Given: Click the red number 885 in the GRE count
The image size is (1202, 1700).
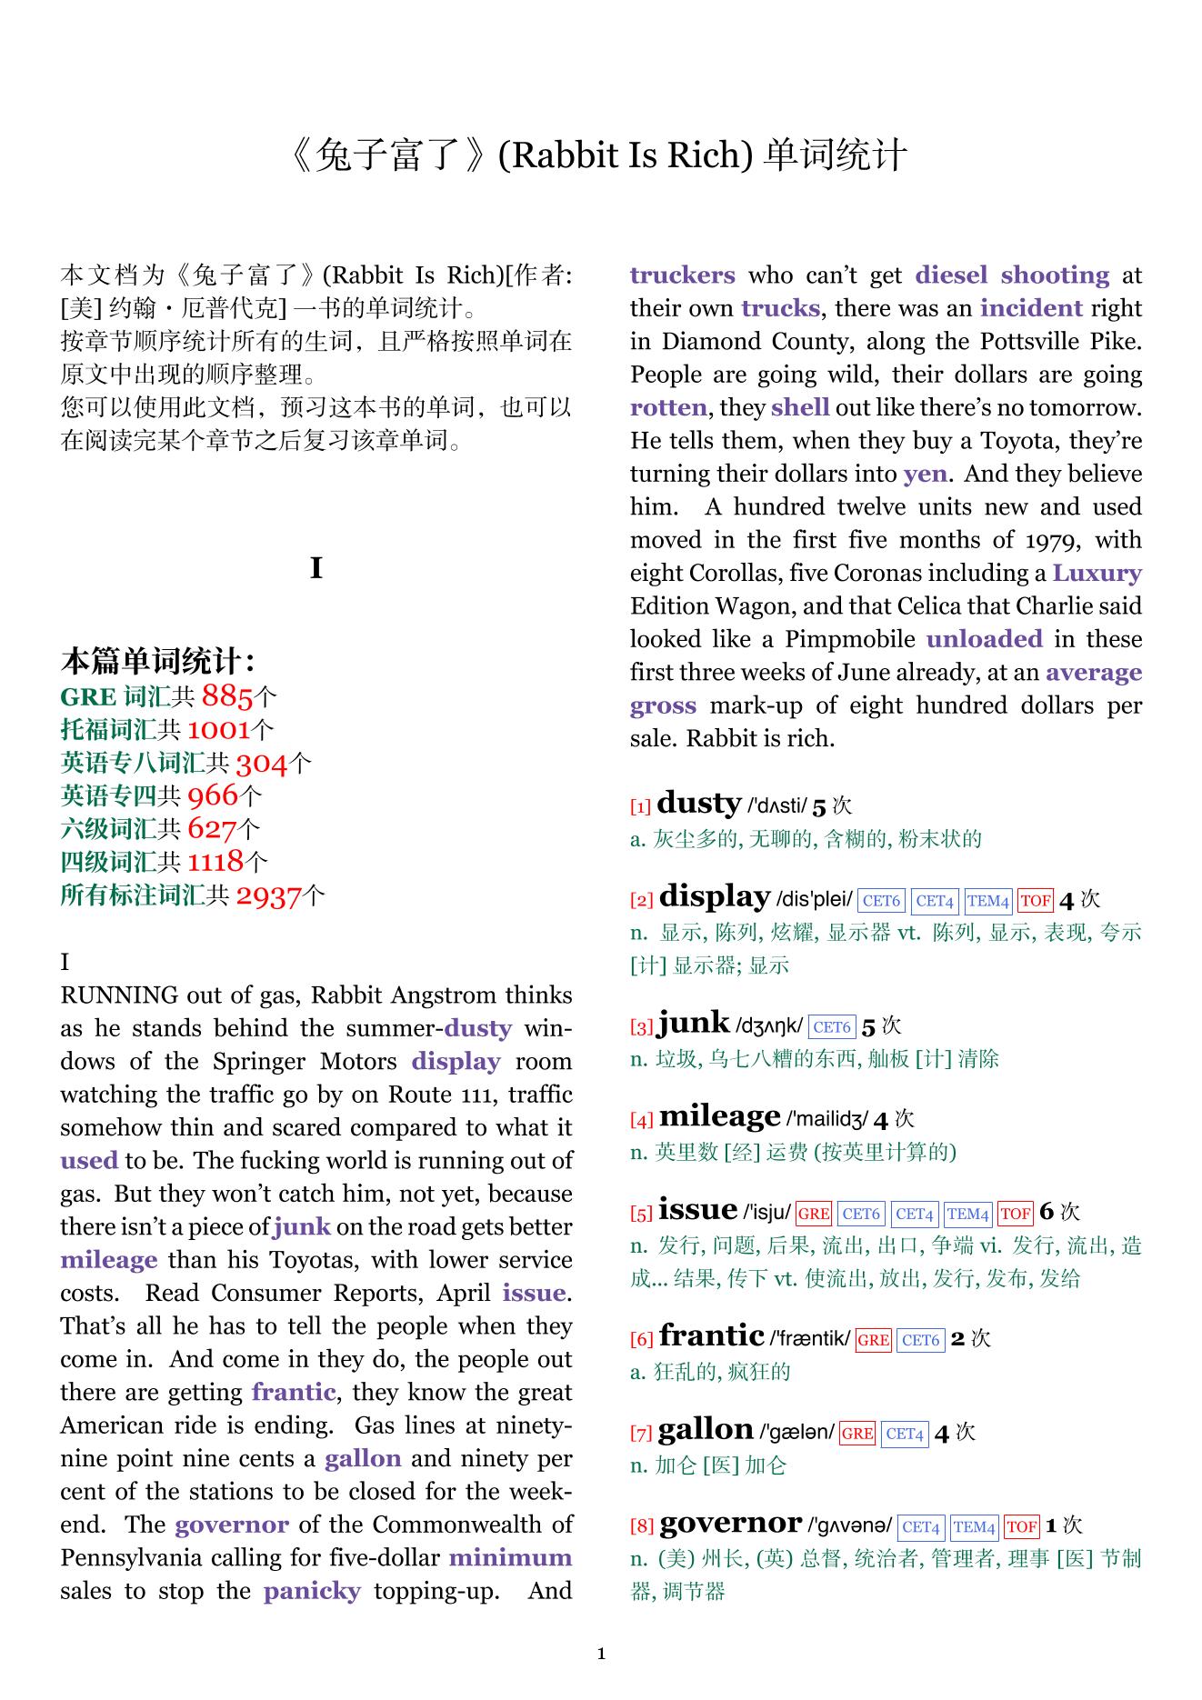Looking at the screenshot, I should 226,696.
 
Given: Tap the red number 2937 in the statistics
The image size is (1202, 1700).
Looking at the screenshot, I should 268,896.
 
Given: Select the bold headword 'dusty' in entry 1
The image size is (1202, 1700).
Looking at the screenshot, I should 698,804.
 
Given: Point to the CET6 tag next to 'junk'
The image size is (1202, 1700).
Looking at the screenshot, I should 832,1027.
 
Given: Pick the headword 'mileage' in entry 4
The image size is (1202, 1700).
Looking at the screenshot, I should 719,1117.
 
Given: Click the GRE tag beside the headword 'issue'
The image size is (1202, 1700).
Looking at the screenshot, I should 813,1214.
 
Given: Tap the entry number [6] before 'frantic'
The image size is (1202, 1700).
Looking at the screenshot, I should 641,1340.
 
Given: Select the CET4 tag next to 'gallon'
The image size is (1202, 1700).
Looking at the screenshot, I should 905,1434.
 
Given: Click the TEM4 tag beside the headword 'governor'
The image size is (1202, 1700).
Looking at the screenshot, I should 975,1527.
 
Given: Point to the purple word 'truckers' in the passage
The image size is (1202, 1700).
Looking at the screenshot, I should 682,275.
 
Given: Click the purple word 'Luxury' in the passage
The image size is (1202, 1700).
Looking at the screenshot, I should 1097,574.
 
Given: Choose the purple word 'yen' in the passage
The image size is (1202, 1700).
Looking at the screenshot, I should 925,475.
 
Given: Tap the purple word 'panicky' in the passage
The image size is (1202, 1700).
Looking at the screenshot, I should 312,1591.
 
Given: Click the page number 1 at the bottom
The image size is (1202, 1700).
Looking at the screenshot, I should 601,1654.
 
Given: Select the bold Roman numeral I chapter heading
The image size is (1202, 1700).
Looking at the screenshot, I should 316,569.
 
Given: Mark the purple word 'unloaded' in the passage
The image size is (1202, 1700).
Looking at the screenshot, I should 984,639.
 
